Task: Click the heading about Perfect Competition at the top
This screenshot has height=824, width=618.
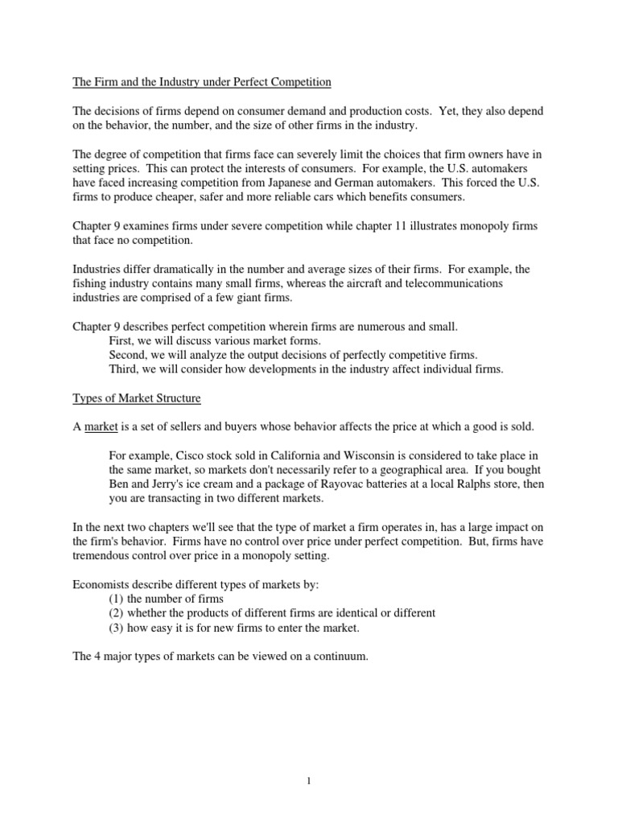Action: click(x=202, y=82)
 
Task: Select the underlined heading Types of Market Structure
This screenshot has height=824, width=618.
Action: click(x=137, y=398)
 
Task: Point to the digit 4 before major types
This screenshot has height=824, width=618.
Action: click(x=98, y=656)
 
